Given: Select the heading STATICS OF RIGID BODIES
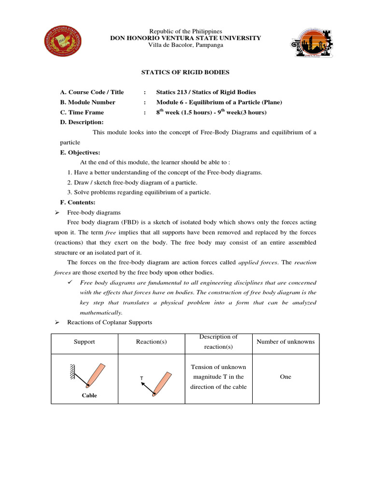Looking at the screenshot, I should (x=185, y=72).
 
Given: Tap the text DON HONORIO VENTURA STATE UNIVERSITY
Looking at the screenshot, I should (x=185, y=38).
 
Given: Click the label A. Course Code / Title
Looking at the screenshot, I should (x=92, y=92).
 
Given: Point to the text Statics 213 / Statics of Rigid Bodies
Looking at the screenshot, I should (x=206, y=92).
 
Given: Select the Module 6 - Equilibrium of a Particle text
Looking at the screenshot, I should (x=219, y=102).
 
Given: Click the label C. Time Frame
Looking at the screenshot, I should (x=84, y=112).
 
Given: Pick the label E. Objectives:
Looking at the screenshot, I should (x=80, y=152).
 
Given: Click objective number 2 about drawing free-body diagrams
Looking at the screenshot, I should (x=132, y=182).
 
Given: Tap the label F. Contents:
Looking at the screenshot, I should (x=78, y=203).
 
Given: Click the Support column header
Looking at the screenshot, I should (x=85, y=342).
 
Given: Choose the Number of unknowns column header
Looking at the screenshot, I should (x=285, y=342).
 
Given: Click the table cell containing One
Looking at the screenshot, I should (x=285, y=377).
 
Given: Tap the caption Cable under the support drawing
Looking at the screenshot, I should (x=89, y=396).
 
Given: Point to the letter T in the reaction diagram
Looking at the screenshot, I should (x=142, y=379).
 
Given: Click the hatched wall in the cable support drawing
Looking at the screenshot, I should (x=71, y=371).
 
